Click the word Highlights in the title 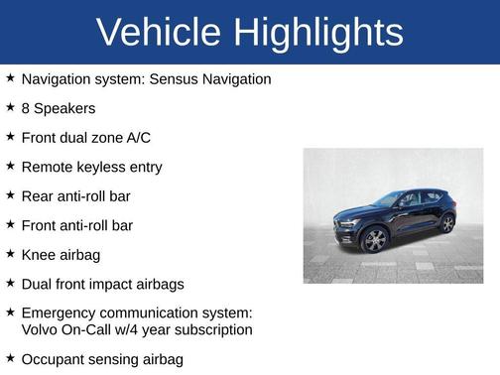319,33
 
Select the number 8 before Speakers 26,108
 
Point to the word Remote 48,167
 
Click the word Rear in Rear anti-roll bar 38,196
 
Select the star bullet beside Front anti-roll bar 10,224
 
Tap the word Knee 39,255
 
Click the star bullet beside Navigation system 10,77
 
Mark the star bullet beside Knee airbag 10,254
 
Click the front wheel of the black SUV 376,240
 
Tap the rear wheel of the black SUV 447,223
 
